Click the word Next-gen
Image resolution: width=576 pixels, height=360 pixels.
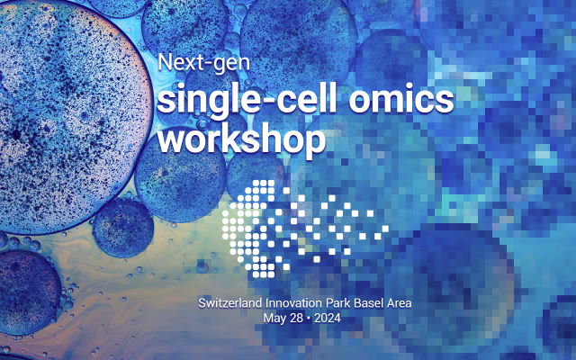(204, 63)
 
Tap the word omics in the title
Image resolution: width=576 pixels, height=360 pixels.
(401, 99)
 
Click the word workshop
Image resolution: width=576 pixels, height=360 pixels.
(241, 139)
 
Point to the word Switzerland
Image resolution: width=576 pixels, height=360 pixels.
(230, 303)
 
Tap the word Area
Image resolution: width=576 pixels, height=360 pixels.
(400, 304)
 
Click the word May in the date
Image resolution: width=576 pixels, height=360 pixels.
(274, 318)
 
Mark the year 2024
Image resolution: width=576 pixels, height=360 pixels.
(328, 318)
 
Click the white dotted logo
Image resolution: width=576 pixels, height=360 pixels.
(305, 229)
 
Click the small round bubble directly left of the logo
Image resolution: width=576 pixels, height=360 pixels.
(123, 228)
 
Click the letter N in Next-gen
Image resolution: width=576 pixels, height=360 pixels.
(165, 62)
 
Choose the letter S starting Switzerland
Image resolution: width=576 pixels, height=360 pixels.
(202, 303)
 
